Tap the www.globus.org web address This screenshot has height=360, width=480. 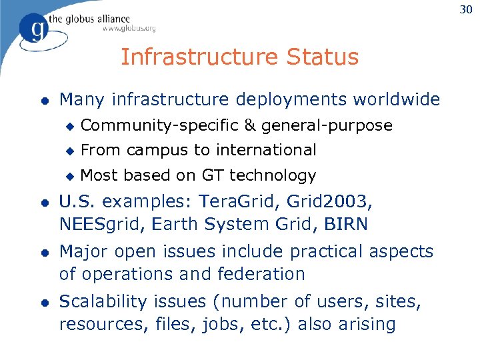pos(129,29)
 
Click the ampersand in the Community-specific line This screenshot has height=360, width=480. pos(250,125)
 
